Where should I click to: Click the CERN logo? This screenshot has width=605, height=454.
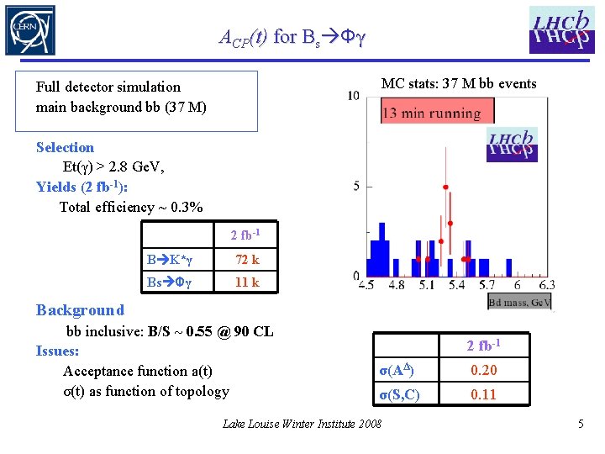click(30, 30)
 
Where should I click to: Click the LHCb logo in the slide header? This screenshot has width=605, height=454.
click(562, 30)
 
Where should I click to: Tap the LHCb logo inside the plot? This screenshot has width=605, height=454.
click(512, 145)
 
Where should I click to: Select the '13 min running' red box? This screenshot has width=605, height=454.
click(438, 110)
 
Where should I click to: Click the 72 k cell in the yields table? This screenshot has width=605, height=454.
click(247, 260)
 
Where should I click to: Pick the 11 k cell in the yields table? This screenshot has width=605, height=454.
click(247, 282)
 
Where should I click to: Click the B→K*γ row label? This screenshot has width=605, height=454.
click(169, 260)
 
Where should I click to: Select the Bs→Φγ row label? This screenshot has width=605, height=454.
click(169, 282)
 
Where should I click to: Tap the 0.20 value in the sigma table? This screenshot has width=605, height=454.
click(484, 370)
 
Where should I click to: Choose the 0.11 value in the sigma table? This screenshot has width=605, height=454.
click(483, 394)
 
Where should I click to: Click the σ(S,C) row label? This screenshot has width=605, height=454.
click(399, 395)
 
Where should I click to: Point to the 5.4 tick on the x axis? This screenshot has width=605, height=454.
click(457, 285)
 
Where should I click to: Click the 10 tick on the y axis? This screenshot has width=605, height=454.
click(354, 95)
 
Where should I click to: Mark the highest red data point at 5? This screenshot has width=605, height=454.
click(445, 187)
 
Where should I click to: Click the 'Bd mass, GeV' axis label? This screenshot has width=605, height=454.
click(519, 302)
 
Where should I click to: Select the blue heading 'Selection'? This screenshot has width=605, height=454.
click(66, 147)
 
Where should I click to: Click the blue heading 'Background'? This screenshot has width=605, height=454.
click(81, 310)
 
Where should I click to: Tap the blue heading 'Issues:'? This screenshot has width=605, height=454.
click(57, 351)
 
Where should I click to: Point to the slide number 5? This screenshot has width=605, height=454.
click(581, 424)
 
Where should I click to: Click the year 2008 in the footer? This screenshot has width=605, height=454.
click(370, 424)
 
